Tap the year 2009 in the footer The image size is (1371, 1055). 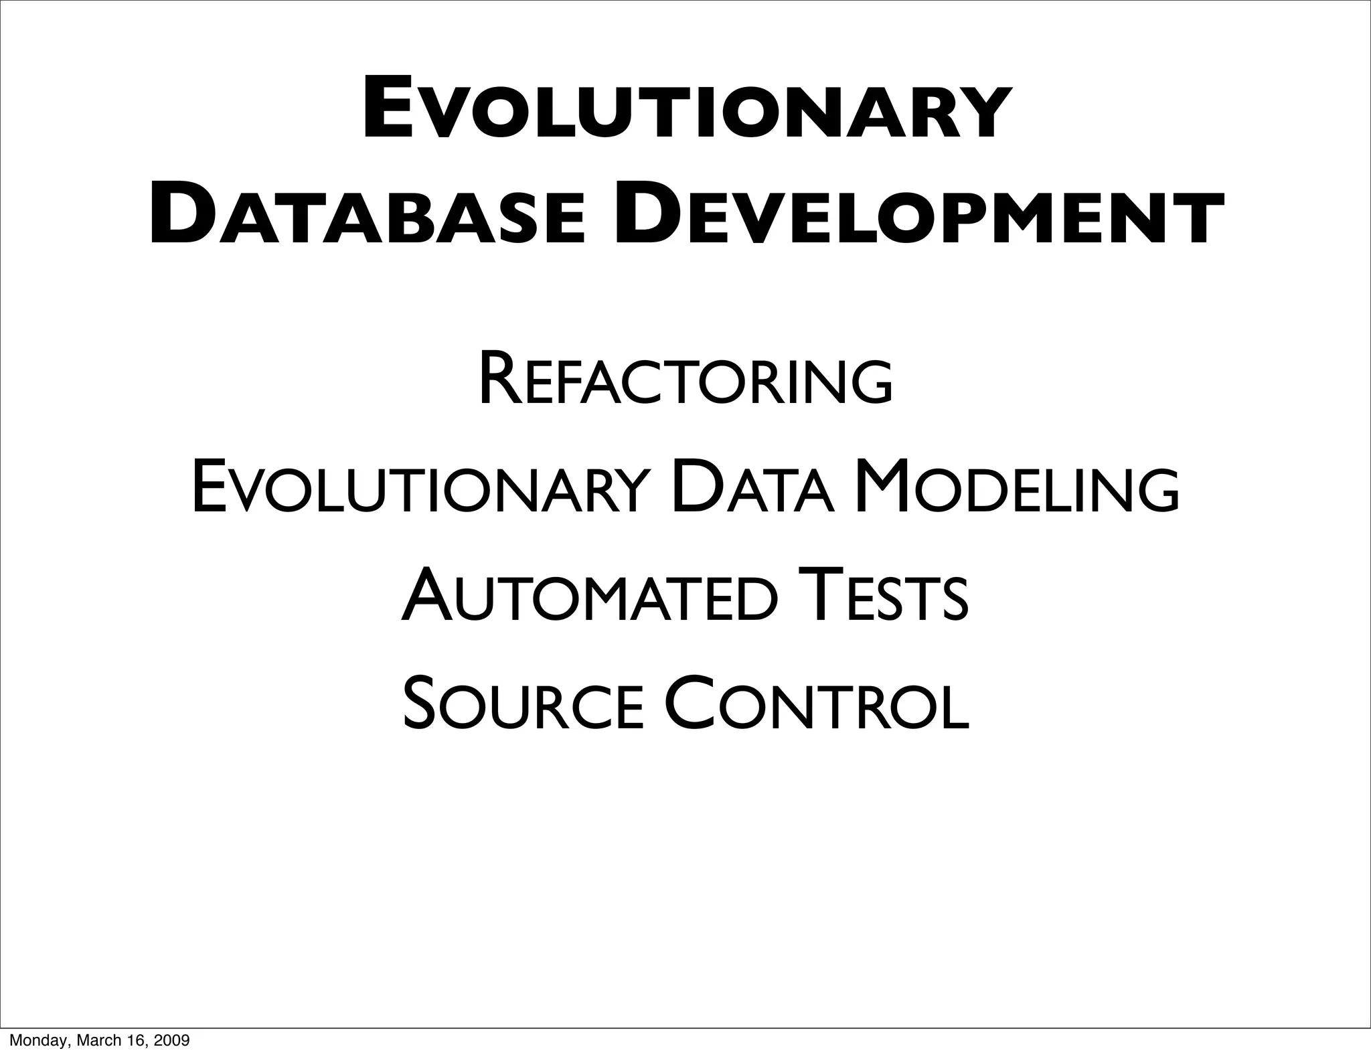pyautogui.click(x=171, y=1040)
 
